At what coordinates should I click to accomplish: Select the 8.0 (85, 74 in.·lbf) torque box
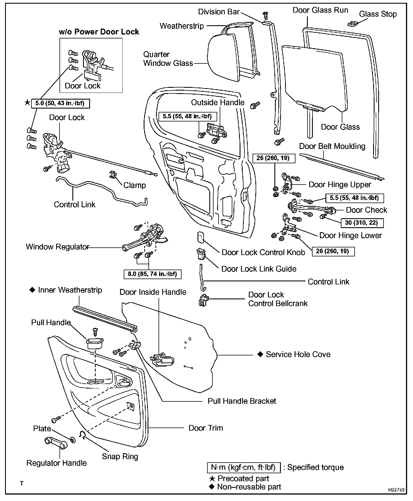[152, 274]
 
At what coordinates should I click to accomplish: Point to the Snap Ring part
[82, 435]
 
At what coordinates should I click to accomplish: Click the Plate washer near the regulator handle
[73, 440]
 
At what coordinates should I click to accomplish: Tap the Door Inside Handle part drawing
[161, 359]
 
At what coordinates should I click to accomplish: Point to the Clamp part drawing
[113, 175]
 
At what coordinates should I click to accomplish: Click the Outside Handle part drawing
[216, 130]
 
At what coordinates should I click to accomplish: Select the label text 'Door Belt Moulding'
[332, 146]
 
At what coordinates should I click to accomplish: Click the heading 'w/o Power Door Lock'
[99, 32]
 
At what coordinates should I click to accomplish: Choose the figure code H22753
[396, 490]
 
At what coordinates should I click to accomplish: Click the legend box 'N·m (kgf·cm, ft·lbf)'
[244, 468]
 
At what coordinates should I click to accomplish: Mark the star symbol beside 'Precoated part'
[212, 479]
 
